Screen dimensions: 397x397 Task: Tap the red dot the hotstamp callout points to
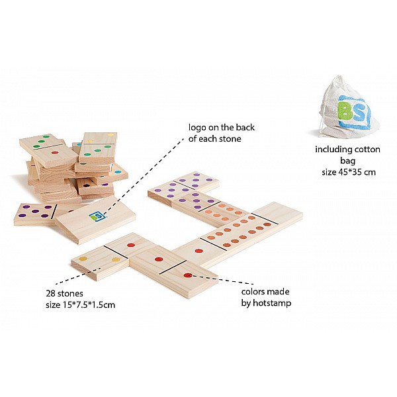pyautogui.click(x=188, y=275)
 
